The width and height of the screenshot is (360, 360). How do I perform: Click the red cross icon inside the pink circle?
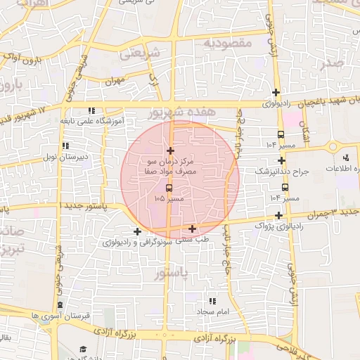pyautogui.click(x=170, y=150)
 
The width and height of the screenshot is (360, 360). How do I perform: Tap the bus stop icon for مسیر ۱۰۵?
pyautogui.click(x=169, y=188)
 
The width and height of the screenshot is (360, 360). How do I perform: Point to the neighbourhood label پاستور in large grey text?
pyautogui.click(x=172, y=272)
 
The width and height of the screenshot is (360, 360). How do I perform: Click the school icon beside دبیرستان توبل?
pyautogui.click(x=65, y=146)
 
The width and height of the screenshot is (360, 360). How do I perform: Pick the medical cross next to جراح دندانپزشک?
pyautogui.click(x=281, y=160)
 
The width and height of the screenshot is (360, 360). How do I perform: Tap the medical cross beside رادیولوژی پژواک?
pyautogui.click(x=279, y=215)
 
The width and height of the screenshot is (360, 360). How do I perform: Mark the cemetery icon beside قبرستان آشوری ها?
pyautogui.click(x=60, y=305)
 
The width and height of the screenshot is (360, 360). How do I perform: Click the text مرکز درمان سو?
pyautogui.click(x=171, y=162)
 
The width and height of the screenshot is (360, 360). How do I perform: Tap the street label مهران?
pyautogui.click(x=115, y=82)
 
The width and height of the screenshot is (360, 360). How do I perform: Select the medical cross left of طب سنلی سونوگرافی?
pyautogui.click(x=137, y=231)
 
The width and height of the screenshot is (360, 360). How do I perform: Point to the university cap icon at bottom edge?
pyautogui.click(x=83, y=349)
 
